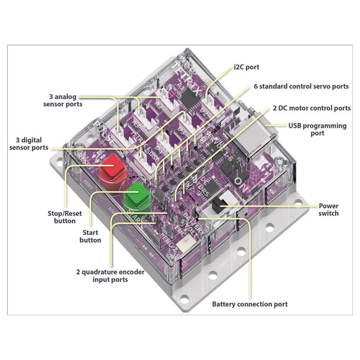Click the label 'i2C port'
(246, 67)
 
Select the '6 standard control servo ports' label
(301, 86)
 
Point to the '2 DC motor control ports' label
(312, 108)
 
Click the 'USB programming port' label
(317, 129)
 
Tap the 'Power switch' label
(329, 209)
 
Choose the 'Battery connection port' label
(250, 304)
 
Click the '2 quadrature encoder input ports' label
(110, 276)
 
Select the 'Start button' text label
(90, 236)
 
